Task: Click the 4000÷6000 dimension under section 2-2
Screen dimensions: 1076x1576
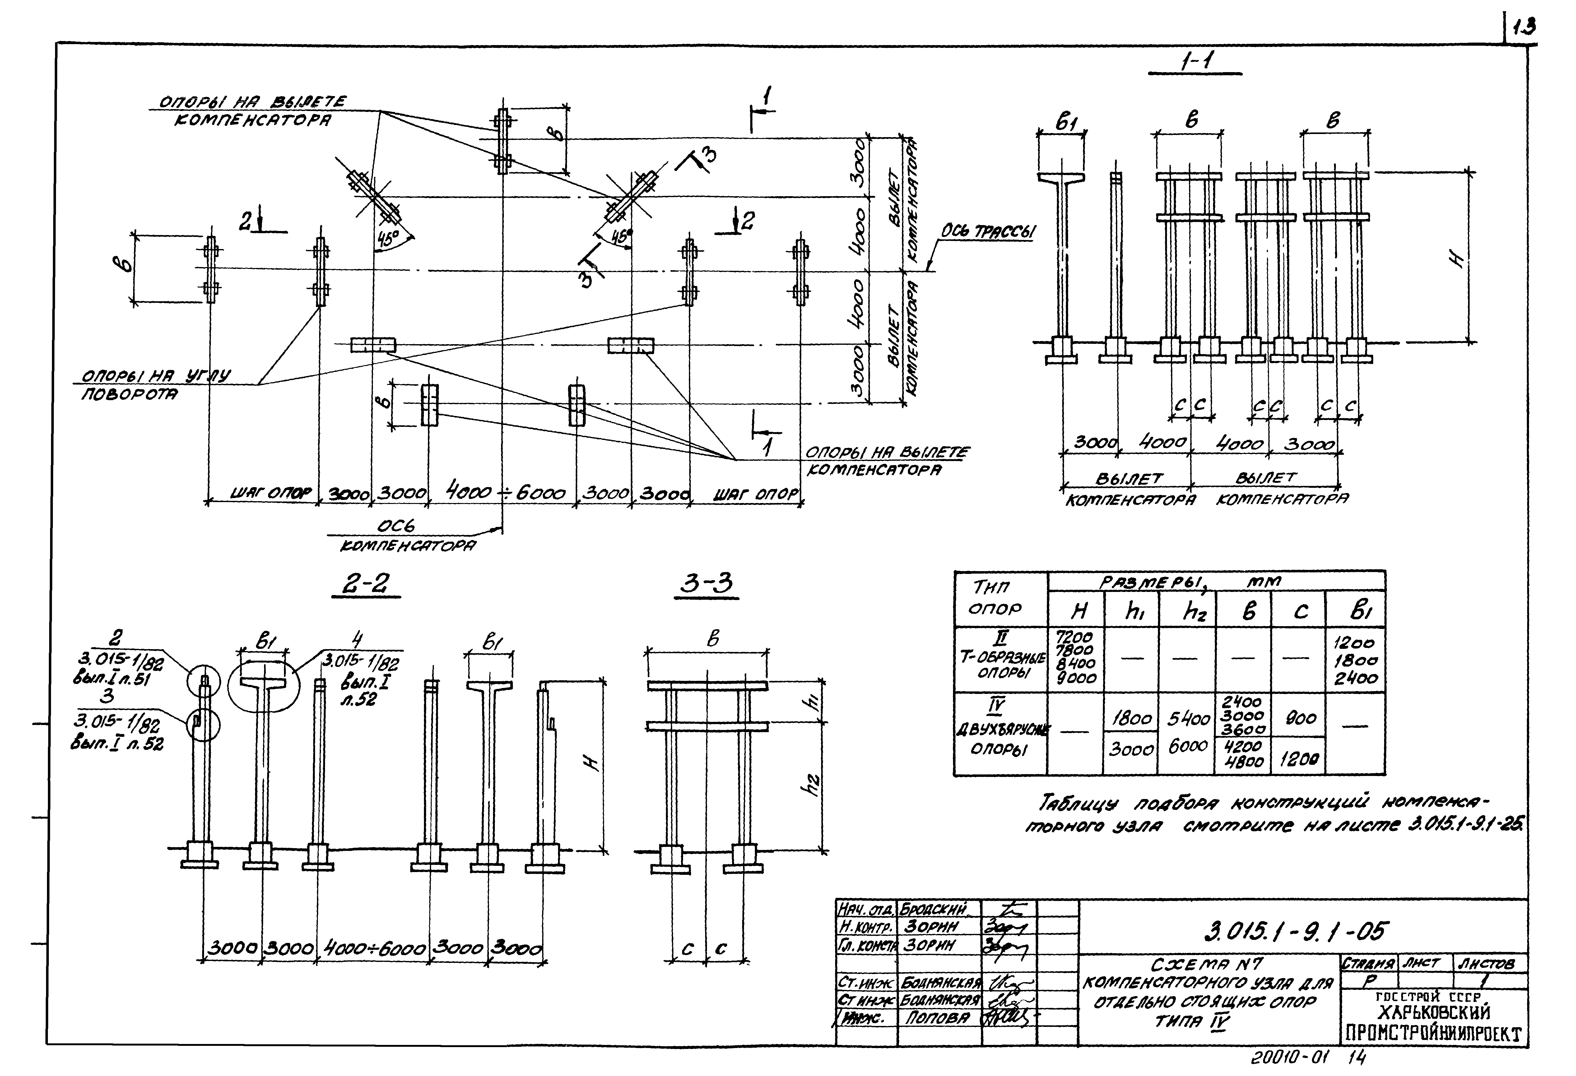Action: pyautogui.click(x=374, y=948)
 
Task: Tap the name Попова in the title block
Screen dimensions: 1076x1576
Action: pyautogui.click(x=937, y=1018)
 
